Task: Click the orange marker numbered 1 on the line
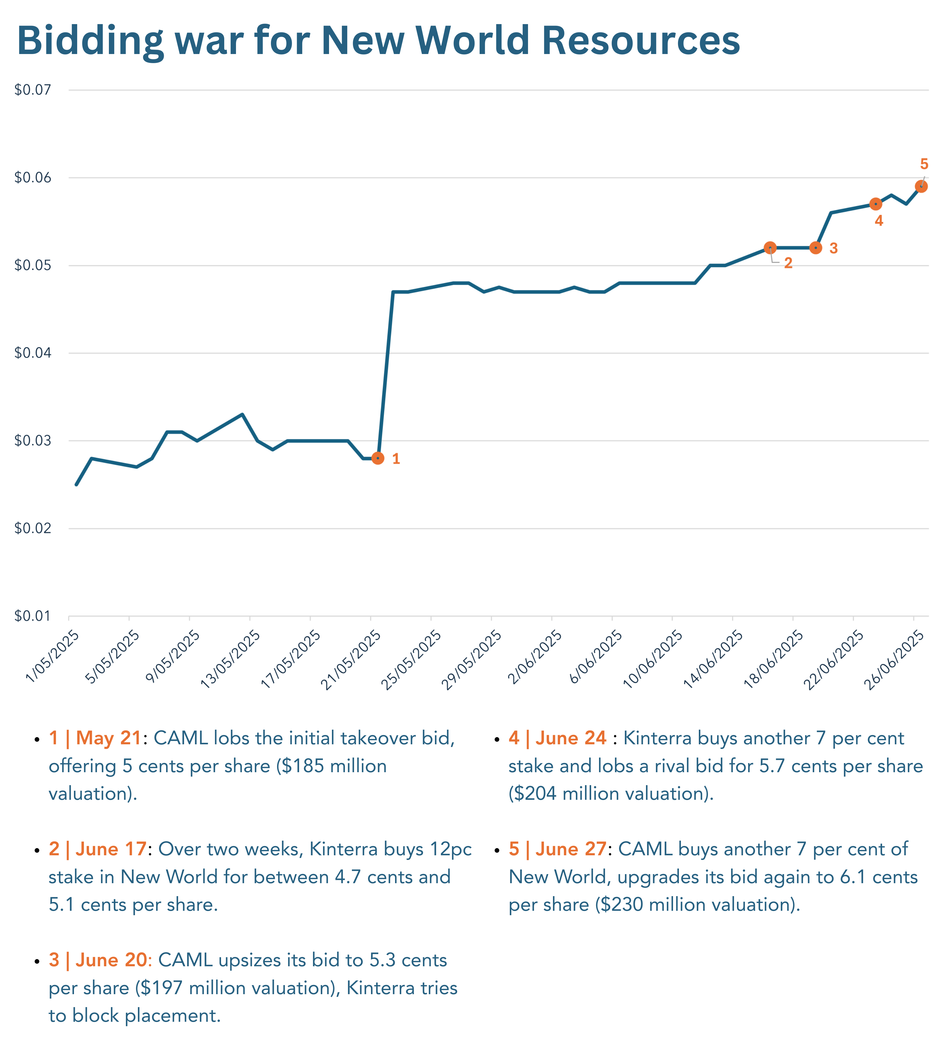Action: (378, 458)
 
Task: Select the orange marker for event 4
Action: (876, 204)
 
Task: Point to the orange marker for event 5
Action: (921, 186)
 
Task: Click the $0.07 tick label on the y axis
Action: (33, 90)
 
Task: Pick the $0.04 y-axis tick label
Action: (33, 353)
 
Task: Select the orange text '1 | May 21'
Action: (95, 738)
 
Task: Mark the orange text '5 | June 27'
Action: (557, 849)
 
